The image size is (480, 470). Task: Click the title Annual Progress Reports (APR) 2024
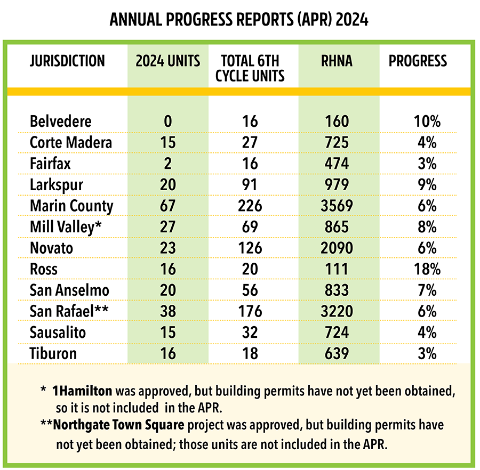[239, 20]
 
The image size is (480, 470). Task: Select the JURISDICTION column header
[67, 61]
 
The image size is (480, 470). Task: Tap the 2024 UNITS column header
[168, 61]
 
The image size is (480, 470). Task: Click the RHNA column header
[337, 61]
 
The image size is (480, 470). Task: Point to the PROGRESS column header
[418, 61]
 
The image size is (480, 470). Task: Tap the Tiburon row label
[53, 353]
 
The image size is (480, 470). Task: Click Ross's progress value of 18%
[427, 269]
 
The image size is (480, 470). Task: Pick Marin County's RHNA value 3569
[337, 206]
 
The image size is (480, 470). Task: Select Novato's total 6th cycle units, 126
[250, 248]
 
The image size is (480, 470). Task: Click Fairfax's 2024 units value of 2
[168, 164]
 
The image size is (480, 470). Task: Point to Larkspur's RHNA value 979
[337, 184]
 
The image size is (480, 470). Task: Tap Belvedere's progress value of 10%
[427, 121]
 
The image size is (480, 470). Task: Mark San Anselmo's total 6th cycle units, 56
[250, 290]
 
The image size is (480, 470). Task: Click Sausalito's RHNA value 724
[337, 332]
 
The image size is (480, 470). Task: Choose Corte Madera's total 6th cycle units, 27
[250, 142]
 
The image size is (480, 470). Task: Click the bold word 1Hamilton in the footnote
[82, 391]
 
